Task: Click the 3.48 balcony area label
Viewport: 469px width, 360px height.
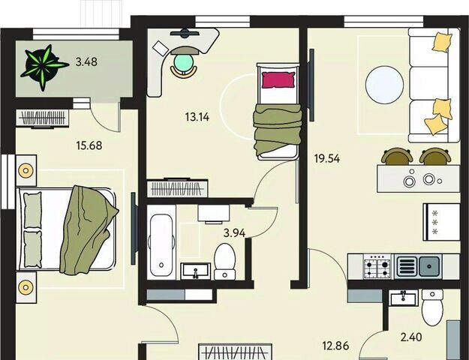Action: coord(86,62)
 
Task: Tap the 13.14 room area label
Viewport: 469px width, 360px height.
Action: coord(197,117)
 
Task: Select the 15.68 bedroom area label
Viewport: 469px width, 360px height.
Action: coord(89,145)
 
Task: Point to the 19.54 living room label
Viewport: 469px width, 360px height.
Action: coord(327,158)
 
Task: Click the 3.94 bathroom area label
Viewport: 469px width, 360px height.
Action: coord(234,233)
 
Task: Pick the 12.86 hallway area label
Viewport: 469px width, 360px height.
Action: coord(335,346)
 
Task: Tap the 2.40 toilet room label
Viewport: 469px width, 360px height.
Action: coord(411,337)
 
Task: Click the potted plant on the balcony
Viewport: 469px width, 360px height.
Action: coord(44,67)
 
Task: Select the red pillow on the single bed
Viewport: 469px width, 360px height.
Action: coord(278,79)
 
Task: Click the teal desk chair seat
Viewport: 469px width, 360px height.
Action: coord(183,63)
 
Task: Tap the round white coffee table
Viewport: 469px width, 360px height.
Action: coord(384,85)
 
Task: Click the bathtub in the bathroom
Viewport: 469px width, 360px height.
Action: coord(161,241)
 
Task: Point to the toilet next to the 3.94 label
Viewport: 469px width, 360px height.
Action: coord(224,261)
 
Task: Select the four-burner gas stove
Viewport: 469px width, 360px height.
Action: coord(377,265)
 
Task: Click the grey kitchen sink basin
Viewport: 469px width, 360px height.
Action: coord(429,265)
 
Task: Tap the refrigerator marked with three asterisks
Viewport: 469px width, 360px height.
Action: coord(441,222)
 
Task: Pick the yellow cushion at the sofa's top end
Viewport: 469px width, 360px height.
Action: coord(442,42)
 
